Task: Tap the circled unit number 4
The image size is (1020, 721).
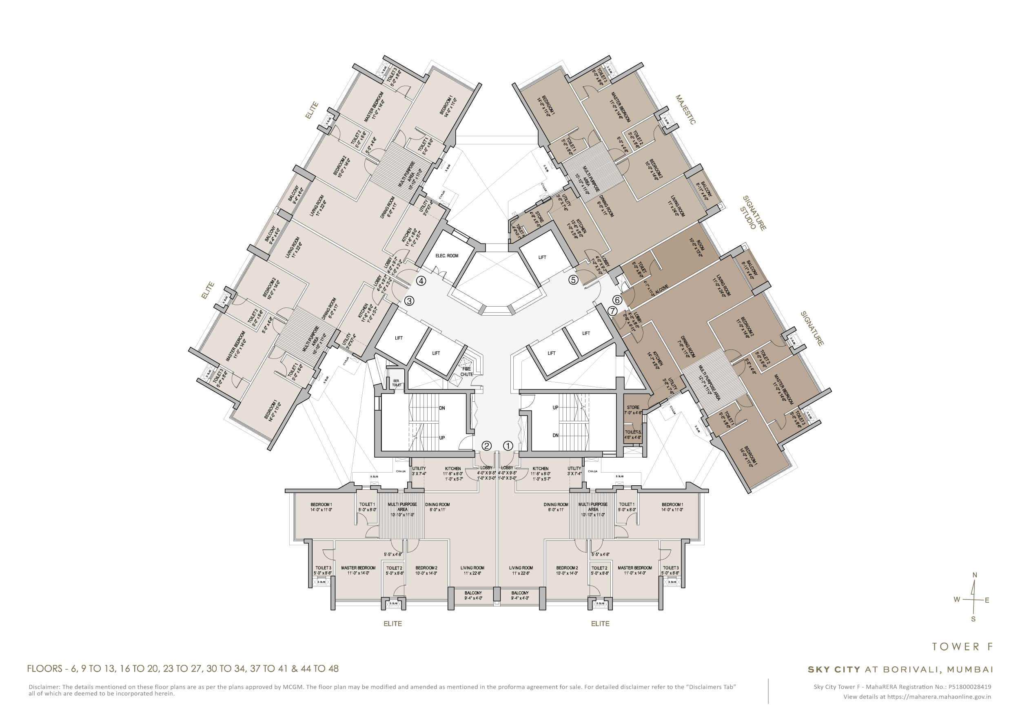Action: point(421,281)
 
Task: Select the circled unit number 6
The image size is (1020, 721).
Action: point(617,300)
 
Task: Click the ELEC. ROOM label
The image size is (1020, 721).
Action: point(446,256)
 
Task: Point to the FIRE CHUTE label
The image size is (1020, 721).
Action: point(466,372)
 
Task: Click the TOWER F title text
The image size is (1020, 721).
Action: point(962,647)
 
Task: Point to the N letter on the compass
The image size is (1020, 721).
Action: point(975,575)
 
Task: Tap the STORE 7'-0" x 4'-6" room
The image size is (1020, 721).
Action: point(633,410)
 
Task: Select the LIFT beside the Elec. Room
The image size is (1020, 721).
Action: point(542,257)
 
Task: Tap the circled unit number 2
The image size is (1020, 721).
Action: point(486,445)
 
